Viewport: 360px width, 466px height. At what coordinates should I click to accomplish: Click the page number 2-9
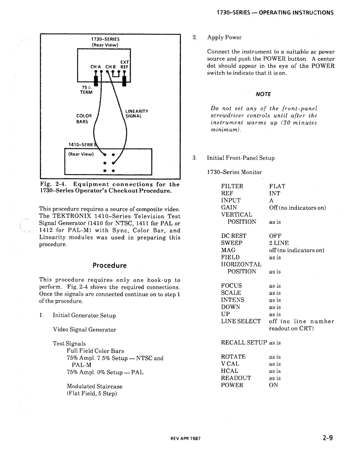(328, 438)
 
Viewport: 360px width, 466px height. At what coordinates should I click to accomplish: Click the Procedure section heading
(110, 266)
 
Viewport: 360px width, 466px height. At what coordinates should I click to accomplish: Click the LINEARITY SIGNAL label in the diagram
(137, 114)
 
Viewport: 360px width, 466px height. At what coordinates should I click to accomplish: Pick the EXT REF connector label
(125, 64)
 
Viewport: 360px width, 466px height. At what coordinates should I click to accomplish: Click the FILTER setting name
(232, 186)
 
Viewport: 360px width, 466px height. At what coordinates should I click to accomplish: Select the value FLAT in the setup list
(277, 186)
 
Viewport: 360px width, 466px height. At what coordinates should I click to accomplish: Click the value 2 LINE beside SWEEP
(279, 243)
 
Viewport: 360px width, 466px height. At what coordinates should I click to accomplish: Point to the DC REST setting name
(233, 236)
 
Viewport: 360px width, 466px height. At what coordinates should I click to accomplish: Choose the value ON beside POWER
(274, 385)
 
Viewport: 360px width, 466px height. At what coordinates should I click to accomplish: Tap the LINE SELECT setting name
(241, 321)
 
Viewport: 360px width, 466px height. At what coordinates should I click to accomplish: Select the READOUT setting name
(236, 378)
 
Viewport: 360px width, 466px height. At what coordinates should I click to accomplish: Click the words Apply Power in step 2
(224, 37)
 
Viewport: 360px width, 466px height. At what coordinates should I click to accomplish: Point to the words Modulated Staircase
(95, 386)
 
